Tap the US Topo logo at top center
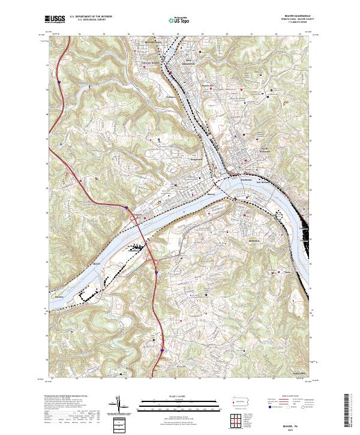pyautogui.click(x=179, y=20)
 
